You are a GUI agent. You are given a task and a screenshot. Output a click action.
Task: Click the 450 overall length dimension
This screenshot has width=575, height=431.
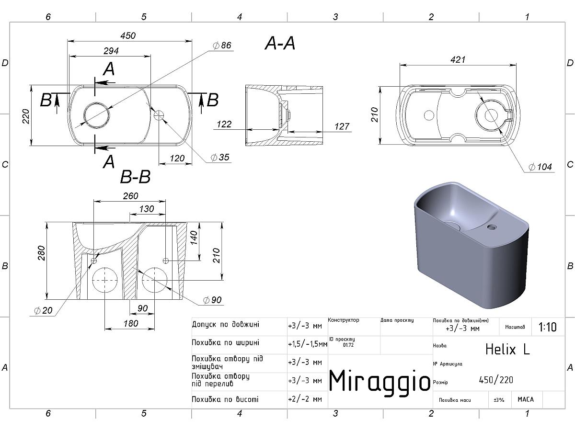128,35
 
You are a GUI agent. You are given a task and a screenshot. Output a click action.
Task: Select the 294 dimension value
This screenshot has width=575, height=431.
111,51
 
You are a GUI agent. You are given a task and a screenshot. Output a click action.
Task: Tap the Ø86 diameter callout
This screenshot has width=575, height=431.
222,45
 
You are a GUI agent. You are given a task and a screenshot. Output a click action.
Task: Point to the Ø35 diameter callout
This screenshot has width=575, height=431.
220,157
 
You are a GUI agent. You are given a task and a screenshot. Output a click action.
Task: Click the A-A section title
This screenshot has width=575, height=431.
280,43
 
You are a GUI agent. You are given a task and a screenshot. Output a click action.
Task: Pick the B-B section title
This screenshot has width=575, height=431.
136,177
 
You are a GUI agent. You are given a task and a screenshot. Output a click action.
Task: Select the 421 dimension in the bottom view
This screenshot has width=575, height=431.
458,60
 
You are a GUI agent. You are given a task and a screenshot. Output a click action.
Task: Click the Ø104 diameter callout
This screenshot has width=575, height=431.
540,167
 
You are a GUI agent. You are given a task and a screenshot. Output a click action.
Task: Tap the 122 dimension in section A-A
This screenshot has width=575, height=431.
224,124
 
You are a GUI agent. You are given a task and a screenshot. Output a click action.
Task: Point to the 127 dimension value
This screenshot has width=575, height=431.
342,126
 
